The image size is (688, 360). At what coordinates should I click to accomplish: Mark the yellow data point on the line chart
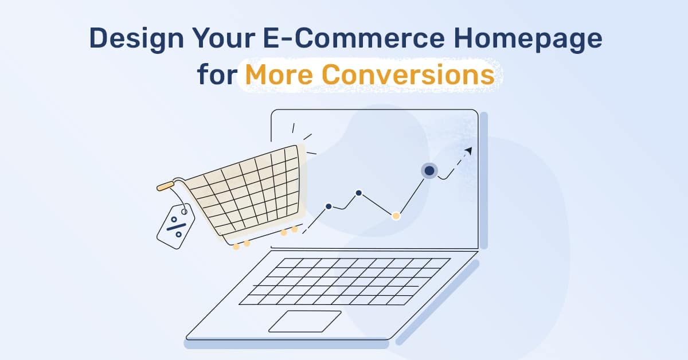pyautogui.click(x=396, y=216)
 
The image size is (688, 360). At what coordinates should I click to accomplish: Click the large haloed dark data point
pyautogui.click(x=429, y=170)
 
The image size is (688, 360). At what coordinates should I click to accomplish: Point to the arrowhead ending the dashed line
pyautogui.click(x=468, y=151)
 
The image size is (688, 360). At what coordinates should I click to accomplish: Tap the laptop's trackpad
pyautogui.click(x=304, y=321)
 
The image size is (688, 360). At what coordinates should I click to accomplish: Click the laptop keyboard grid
pyautogui.click(x=344, y=281)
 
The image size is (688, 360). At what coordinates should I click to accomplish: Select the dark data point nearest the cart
pyautogui.click(x=329, y=206)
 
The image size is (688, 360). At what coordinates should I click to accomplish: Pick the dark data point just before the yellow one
pyautogui.click(x=358, y=193)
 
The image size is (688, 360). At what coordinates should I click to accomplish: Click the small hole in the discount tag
pyautogui.click(x=184, y=212)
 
